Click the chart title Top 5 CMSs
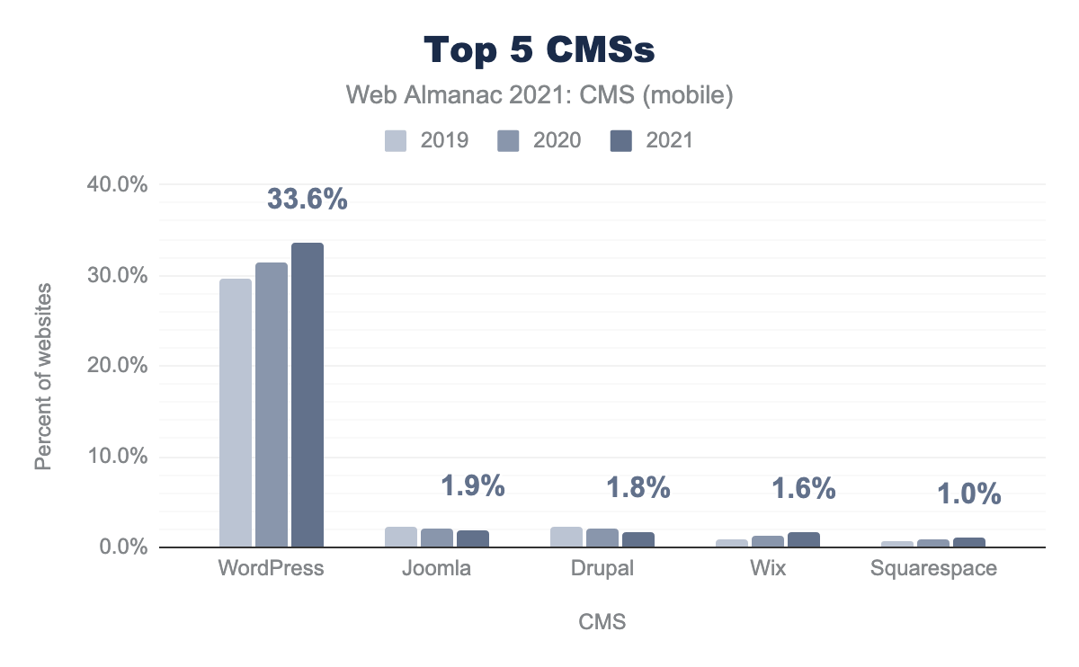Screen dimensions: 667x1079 coord(539,50)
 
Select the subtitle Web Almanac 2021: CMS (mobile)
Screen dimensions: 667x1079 coord(539,95)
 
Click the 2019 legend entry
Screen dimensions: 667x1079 coord(427,140)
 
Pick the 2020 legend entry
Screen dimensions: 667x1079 coord(539,140)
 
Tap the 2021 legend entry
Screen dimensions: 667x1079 coord(652,140)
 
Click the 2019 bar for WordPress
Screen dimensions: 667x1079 coord(236,413)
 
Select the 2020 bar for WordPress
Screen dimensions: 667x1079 coord(272,405)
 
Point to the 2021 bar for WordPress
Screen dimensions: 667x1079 coord(308,395)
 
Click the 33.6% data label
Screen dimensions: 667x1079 coord(308,200)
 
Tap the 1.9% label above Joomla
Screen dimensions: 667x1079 coord(472,486)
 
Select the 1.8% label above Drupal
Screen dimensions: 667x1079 coord(638,488)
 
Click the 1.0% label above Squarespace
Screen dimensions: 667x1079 coord(969,494)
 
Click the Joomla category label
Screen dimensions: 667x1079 coord(437,569)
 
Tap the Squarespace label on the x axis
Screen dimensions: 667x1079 coord(933,569)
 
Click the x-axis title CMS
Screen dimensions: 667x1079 coord(602,622)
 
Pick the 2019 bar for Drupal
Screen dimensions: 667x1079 coord(566,537)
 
